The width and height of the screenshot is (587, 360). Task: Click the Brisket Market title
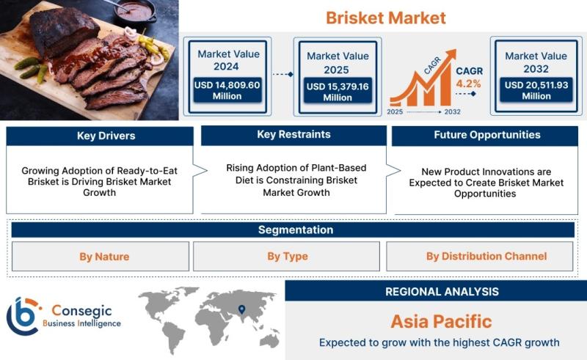[x=386, y=18]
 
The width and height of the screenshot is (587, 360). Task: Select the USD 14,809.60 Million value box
[x=227, y=90]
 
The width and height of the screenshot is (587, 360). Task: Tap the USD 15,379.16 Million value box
[x=338, y=92]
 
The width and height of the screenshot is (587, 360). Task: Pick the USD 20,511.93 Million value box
[x=536, y=90]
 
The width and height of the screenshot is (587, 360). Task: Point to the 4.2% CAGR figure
[x=468, y=84]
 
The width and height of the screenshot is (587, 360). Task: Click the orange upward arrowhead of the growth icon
[x=451, y=54]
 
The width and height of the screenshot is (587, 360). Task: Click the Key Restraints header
[x=294, y=135]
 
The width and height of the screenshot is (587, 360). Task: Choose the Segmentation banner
[x=293, y=229]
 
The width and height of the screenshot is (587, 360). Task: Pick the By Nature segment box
[x=101, y=257]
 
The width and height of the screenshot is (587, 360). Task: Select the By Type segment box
[x=286, y=257]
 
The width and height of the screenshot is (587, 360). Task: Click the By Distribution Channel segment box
[x=480, y=257]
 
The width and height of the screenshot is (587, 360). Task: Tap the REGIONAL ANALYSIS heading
[x=442, y=292]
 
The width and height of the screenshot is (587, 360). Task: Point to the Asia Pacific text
[x=442, y=321]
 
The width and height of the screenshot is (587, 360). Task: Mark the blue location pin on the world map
[x=242, y=309]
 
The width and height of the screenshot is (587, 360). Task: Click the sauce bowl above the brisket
[x=134, y=11]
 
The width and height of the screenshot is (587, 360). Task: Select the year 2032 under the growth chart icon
[x=452, y=112]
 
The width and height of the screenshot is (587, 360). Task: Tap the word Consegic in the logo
[x=81, y=311]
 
